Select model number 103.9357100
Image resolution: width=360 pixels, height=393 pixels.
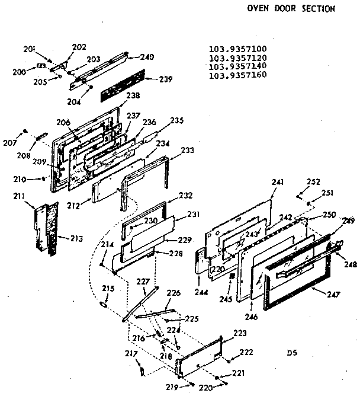tap(237, 50)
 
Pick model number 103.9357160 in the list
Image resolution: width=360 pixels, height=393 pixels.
tap(237, 75)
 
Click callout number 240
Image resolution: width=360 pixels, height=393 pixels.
tap(147, 57)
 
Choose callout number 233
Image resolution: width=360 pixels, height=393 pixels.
tap(187, 151)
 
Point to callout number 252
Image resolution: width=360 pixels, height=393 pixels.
tap(313, 181)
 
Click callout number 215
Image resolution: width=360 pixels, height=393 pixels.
tap(107, 289)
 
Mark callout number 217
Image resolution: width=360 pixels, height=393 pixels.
tap(133, 354)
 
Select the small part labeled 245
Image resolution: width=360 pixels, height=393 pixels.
tap(233, 277)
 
